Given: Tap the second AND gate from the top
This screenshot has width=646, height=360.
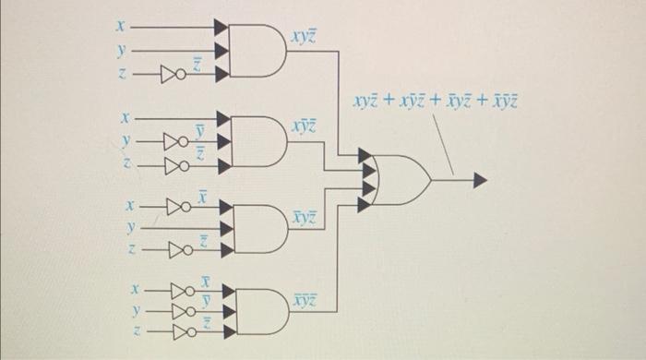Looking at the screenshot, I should pyautogui.click(x=257, y=140).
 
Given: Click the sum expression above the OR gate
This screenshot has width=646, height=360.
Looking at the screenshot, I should pyautogui.click(x=434, y=101).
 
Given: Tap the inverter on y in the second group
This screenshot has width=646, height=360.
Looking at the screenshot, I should pyautogui.click(x=174, y=143).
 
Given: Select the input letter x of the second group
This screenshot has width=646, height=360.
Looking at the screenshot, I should pyautogui.click(x=131, y=118).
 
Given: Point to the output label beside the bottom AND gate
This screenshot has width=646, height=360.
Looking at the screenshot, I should pyautogui.click(x=304, y=301).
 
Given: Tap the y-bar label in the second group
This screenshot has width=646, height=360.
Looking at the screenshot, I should pyautogui.click(x=199, y=136).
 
